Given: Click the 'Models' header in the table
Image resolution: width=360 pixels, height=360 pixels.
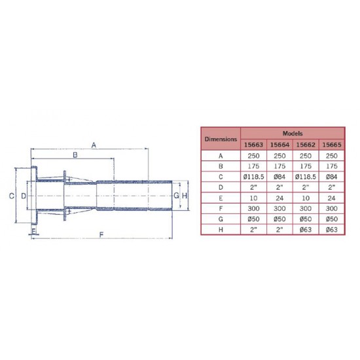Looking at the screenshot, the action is click(293, 134).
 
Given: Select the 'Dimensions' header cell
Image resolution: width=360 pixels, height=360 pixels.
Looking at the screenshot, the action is click(221, 139).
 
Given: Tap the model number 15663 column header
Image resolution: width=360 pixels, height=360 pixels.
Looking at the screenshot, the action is click(253, 145).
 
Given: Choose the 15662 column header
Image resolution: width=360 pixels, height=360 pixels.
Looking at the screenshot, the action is click(306, 145).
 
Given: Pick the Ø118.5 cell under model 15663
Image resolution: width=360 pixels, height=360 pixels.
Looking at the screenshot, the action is click(253, 177).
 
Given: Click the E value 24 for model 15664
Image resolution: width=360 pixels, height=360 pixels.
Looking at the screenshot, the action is click(279, 198).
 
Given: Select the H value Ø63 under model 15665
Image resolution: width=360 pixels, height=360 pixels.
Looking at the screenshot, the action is click(332, 230).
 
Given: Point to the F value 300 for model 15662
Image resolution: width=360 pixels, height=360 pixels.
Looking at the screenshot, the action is click(306, 208).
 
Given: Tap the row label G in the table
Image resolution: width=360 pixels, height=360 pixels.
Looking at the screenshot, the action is click(221, 219).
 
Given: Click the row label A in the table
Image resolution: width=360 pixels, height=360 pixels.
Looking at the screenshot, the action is click(221, 156).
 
